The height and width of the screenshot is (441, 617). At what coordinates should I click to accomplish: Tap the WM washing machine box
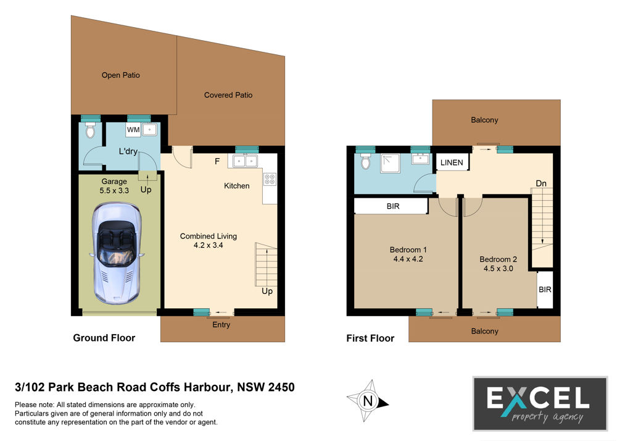pyautogui.click(x=133, y=130)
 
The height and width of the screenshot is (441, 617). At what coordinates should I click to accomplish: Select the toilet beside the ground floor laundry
pyautogui.click(x=91, y=130)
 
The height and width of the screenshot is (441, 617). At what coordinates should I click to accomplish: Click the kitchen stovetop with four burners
pyautogui.click(x=270, y=179)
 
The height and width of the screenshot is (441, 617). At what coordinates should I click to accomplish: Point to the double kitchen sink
pyautogui.click(x=245, y=161)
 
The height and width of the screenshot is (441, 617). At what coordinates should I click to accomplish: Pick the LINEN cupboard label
pyautogui.click(x=452, y=162)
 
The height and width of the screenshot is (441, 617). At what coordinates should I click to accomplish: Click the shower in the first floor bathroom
pyautogui.click(x=390, y=164)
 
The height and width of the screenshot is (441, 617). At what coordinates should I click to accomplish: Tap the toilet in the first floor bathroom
pyautogui.click(x=365, y=161)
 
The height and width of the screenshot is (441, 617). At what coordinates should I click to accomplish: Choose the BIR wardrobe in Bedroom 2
pyautogui.click(x=545, y=290)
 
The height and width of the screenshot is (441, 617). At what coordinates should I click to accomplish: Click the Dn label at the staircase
pyautogui.click(x=541, y=183)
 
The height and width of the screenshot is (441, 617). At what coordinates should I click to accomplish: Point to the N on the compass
pyautogui.click(x=368, y=401)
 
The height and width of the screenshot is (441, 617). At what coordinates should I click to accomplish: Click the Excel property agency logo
pyautogui.click(x=540, y=403)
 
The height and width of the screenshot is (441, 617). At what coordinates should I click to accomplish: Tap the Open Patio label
pyautogui.click(x=121, y=75)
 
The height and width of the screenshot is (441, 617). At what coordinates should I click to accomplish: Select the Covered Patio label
pyautogui.click(x=228, y=95)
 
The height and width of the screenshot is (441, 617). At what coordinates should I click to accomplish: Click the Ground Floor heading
pyautogui.click(x=104, y=338)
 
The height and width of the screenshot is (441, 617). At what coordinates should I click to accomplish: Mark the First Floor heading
pyautogui.click(x=370, y=338)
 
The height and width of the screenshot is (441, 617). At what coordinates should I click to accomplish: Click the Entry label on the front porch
pyautogui.click(x=221, y=325)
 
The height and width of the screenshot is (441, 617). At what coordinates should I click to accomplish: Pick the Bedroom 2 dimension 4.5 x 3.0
pyautogui.click(x=498, y=269)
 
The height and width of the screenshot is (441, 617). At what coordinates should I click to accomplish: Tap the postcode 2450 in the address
pyautogui.click(x=281, y=387)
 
